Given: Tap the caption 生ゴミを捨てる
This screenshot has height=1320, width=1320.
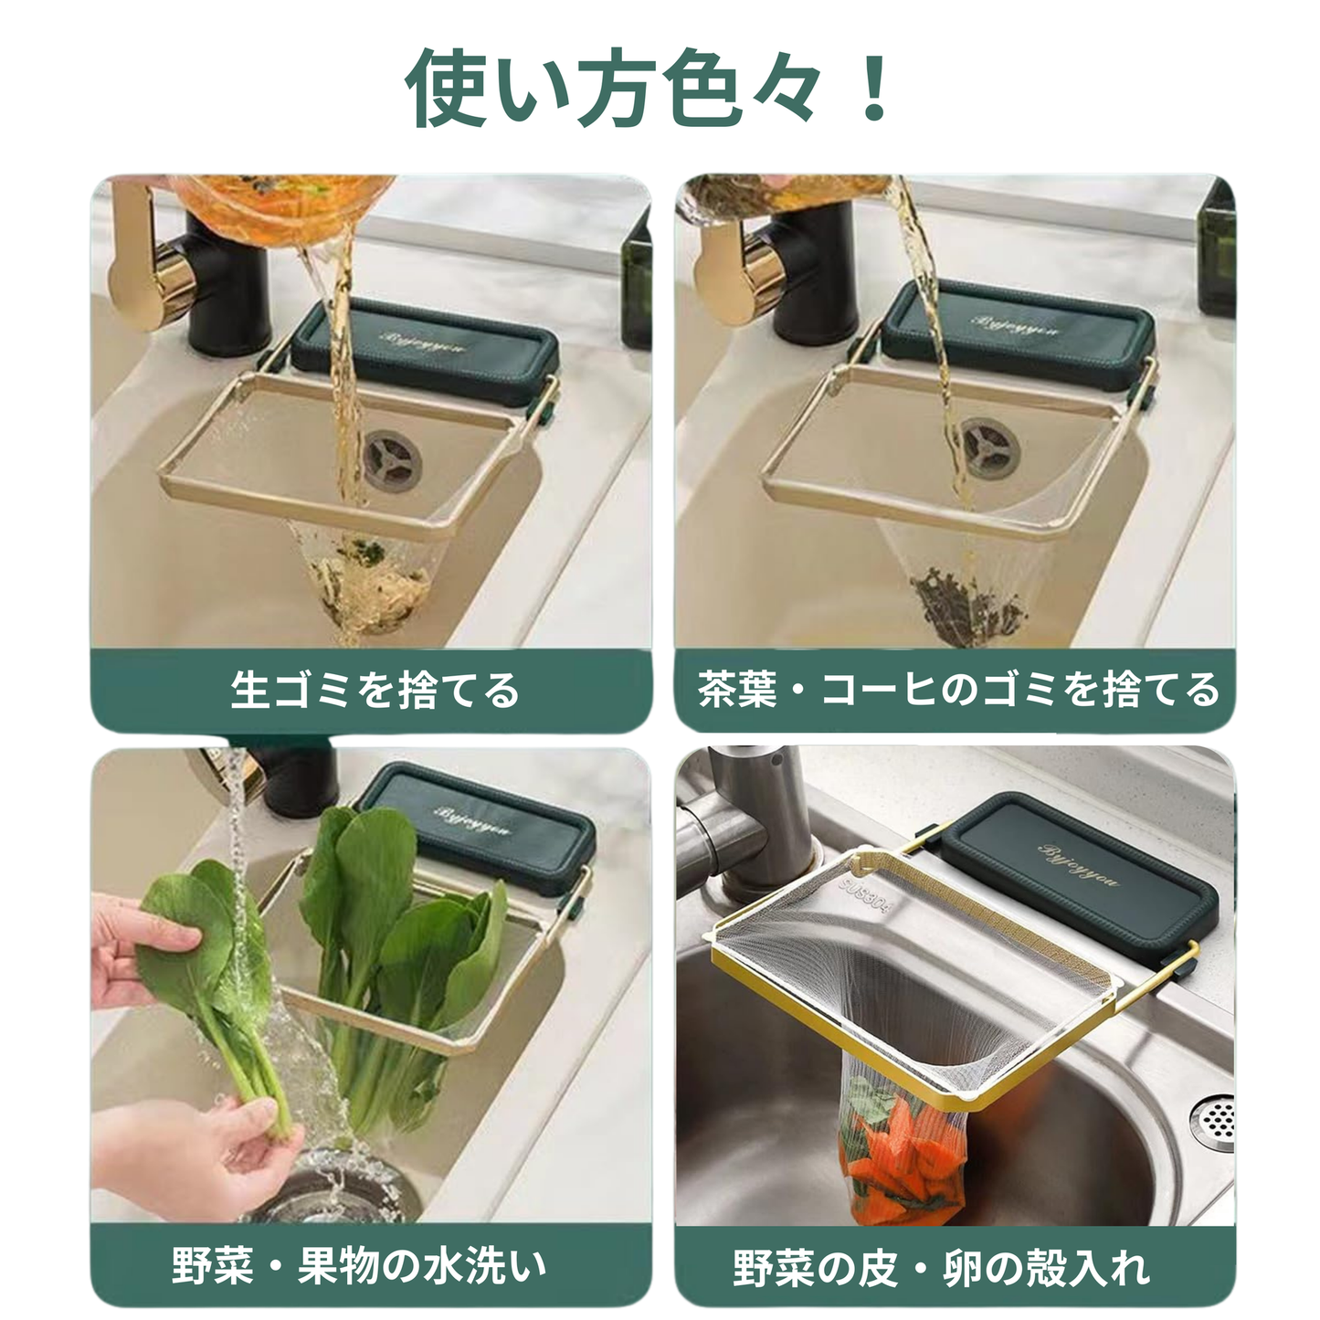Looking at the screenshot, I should point(375,690).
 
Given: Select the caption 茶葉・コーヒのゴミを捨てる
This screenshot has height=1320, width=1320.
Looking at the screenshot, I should point(957,690).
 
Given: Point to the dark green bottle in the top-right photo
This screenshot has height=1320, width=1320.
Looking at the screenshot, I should point(1215,256).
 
